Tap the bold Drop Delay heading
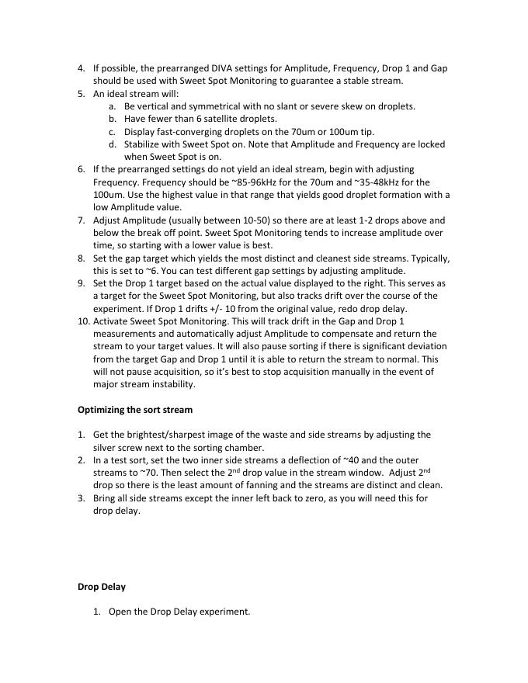(102, 587)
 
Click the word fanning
(259, 485)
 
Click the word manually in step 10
(339, 371)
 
